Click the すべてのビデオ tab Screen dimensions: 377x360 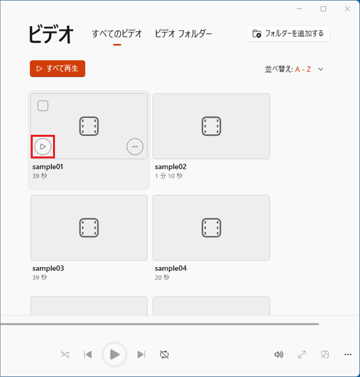(x=117, y=34)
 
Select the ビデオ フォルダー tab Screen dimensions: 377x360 (x=183, y=34)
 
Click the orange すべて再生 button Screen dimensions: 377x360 (x=58, y=68)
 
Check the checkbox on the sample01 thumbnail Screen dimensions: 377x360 (x=43, y=105)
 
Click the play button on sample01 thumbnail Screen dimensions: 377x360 (x=43, y=147)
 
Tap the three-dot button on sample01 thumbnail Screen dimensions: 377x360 (x=135, y=147)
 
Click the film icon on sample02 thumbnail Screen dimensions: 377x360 (x=211, y=126)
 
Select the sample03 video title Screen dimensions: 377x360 (x=48, y=268)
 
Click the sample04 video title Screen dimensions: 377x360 (x=170, y=268)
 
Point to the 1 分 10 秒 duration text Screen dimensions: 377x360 (x=169, y=176)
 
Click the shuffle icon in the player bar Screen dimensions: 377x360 (x=64, y=355)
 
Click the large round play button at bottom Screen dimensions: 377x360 (x=115, y=355)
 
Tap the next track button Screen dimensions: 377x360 (x=141, y=355)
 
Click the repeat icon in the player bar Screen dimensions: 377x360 (x=164, y=355)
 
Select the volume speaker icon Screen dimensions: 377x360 (x=278, y=355)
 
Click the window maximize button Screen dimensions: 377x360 (x=323, y=9)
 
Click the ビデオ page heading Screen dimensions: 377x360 (x=51, y=35)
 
